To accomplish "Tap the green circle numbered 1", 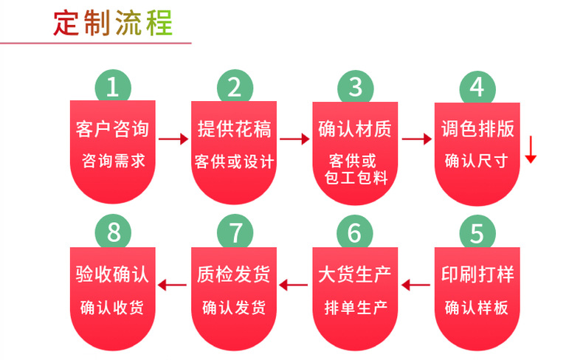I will pos(113,88).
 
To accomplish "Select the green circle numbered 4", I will pos(477,88).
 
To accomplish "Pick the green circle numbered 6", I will pos(355,233).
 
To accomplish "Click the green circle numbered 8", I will pos(113,233).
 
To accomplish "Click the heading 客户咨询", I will pos(113,129).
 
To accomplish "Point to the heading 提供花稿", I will pos(234,129).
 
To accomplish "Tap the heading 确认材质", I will pos(355,129).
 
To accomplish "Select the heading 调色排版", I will pos(477,129).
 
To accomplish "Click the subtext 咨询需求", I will pos(113,160).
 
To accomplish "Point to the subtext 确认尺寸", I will pos(477,160).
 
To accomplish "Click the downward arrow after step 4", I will pos(530,151).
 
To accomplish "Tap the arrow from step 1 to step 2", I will pos(173,138).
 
